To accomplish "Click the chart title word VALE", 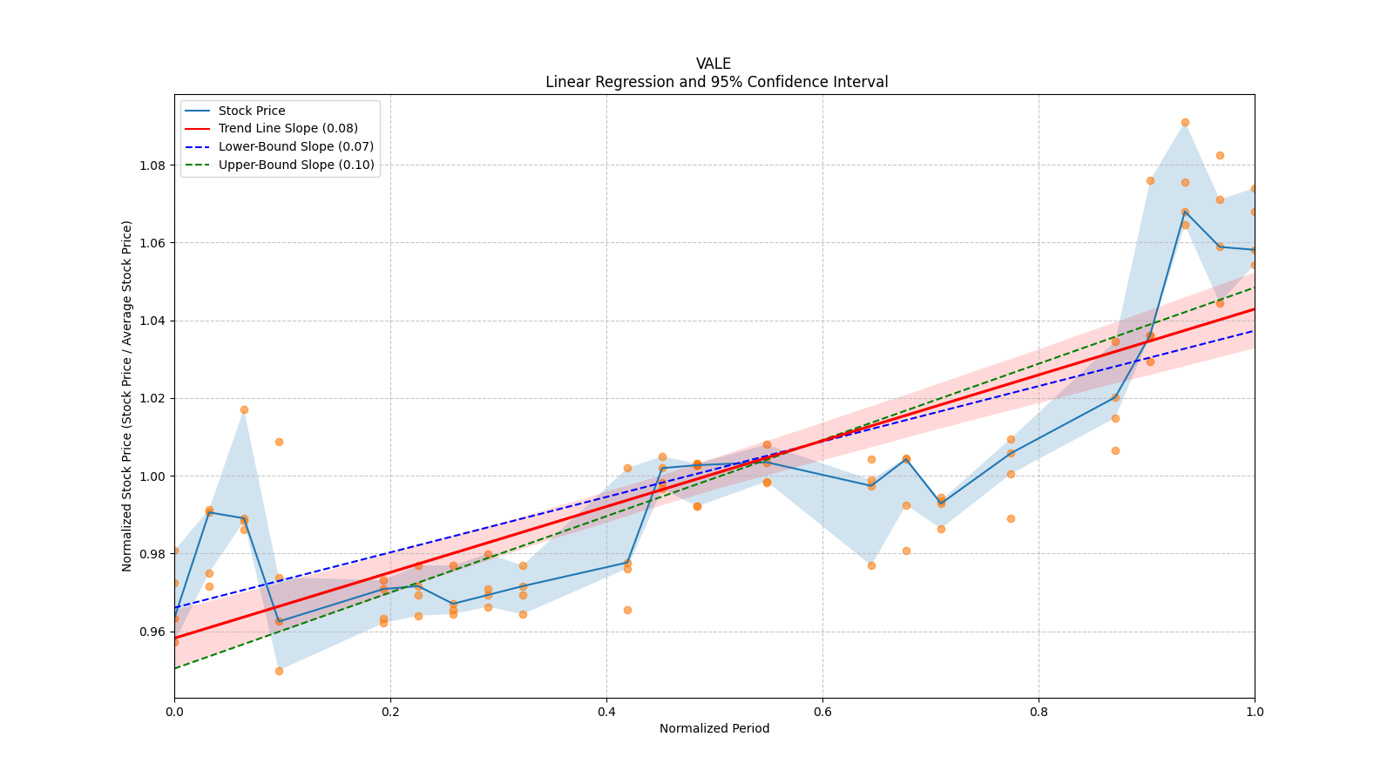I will pyautogui.click(x=714, y=64).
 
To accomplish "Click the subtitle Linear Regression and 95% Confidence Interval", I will pyautogui.click(x=716, y=82).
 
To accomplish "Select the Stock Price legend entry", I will pyautogui.click(x=252, y=111).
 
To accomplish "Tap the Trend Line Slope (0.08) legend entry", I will pyautogui.click(x=288, y=129).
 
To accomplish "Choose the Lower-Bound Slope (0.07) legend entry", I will pyautogui.click(x=295, y=146).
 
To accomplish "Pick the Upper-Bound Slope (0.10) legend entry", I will pyautogui.click(x=296, y=165).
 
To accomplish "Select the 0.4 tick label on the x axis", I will pyautogui.click(x=606, y=712).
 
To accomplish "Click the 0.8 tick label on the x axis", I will pyautogui.click(x=1039, y=712).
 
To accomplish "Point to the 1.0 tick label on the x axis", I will pyautogui.click(x=1255, y=712).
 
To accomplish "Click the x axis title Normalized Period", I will pyautogui.click(x=714, y=728).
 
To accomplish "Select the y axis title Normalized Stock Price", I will pyautogui.click(x=127, y=395).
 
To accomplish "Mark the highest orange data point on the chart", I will pyautogui.click(x=1185, y=122).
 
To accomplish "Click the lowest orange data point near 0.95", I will pyautogui.click(x=279, y=671).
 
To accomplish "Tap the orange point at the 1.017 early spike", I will pyautogui.click(x=244, y=409).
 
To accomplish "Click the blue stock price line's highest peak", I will pyautogui.click(x=1185, y=212).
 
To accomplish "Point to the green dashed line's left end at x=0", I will pyautogui.click(x=175, y=668).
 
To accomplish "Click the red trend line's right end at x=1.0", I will pyautogui.click(x=1254, y=308).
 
